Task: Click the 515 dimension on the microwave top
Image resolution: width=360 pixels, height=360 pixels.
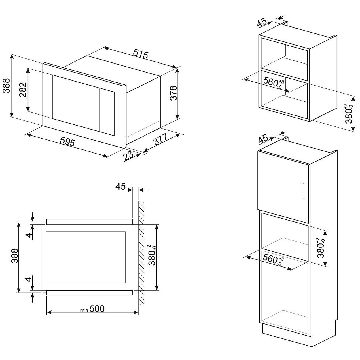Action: point(141,54)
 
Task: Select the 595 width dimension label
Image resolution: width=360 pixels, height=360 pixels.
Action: point(67,142)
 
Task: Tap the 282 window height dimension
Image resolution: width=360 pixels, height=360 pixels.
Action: point(22,90)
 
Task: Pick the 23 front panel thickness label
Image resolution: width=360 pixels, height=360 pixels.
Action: point(128,156)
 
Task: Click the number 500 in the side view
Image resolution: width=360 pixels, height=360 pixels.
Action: point(97,309)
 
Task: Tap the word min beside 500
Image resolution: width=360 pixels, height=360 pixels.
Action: point(84,310)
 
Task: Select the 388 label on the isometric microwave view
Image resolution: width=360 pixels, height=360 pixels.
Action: point(6,86)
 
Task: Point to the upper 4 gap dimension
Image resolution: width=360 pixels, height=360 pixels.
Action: point(29,235)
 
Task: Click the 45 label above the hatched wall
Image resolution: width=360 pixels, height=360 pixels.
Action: point(120,186)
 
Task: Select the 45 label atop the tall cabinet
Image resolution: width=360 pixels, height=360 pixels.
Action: point(264,139)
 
